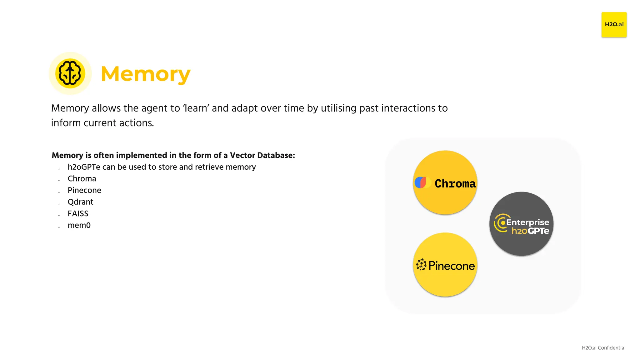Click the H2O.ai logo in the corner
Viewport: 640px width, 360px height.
(x=614, y=25)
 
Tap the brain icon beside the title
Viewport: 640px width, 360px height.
(x=70, y=73)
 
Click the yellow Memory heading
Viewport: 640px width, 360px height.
(x=145, y=74)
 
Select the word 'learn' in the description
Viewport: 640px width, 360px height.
(x=196, y=108)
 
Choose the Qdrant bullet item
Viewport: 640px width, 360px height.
(x=80, y=202)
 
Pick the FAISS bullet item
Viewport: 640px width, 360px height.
(x=78, y=214)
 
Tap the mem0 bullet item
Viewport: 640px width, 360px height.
(x=79, y=225)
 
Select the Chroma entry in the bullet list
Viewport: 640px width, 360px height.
(x=82, y=179)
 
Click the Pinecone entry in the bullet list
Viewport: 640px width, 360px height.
(x=84, y=190)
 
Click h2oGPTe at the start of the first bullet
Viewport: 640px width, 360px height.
(x=84, y=167)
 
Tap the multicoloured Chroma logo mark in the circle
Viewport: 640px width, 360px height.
(x=422, y=182)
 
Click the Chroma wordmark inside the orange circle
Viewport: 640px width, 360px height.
(x=455, y=183)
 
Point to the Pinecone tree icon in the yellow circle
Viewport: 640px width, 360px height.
(x=421, y=265)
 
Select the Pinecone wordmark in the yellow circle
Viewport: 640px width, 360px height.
(x=452, y=266)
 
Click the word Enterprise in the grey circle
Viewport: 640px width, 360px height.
(x=527, y=222)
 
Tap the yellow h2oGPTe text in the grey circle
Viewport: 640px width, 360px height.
(x=530, y=231)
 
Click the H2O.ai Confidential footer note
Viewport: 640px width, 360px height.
(x=603, y=348)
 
